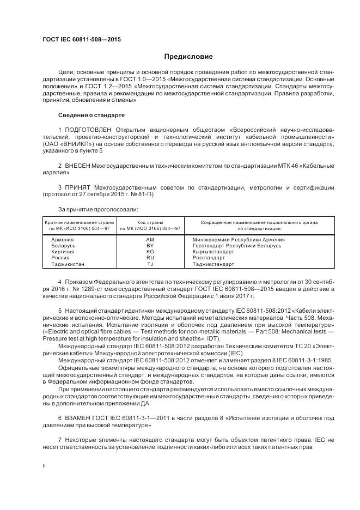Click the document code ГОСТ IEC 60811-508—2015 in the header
pyautogui.click(x=82, y=40)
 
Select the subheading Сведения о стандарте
pyautogui.click(x=91, y=115)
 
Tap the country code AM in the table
pyautogui.click(x=150, y=240)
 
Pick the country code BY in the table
pyautogui.click(x=150, y=246)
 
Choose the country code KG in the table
pyautogui.click(x=150, y=252)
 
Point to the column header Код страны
pyautogui.click(x=150, y=222)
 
